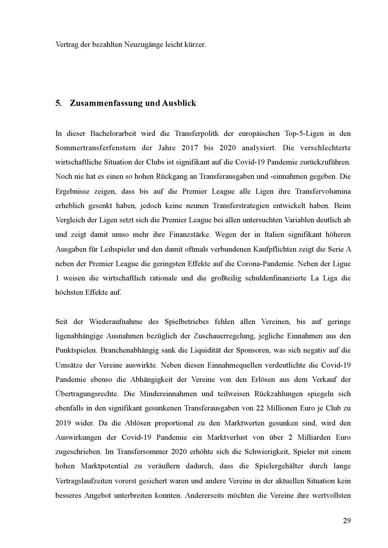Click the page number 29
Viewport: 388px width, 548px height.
(x=346, y=521)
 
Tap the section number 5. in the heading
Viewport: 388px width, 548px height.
(x=59, y=103)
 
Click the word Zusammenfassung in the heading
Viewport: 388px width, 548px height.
(x=106, y=103)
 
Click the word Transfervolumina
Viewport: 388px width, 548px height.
(x=323, y=192)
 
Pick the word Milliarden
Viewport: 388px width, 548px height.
(x=312, y=438)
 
